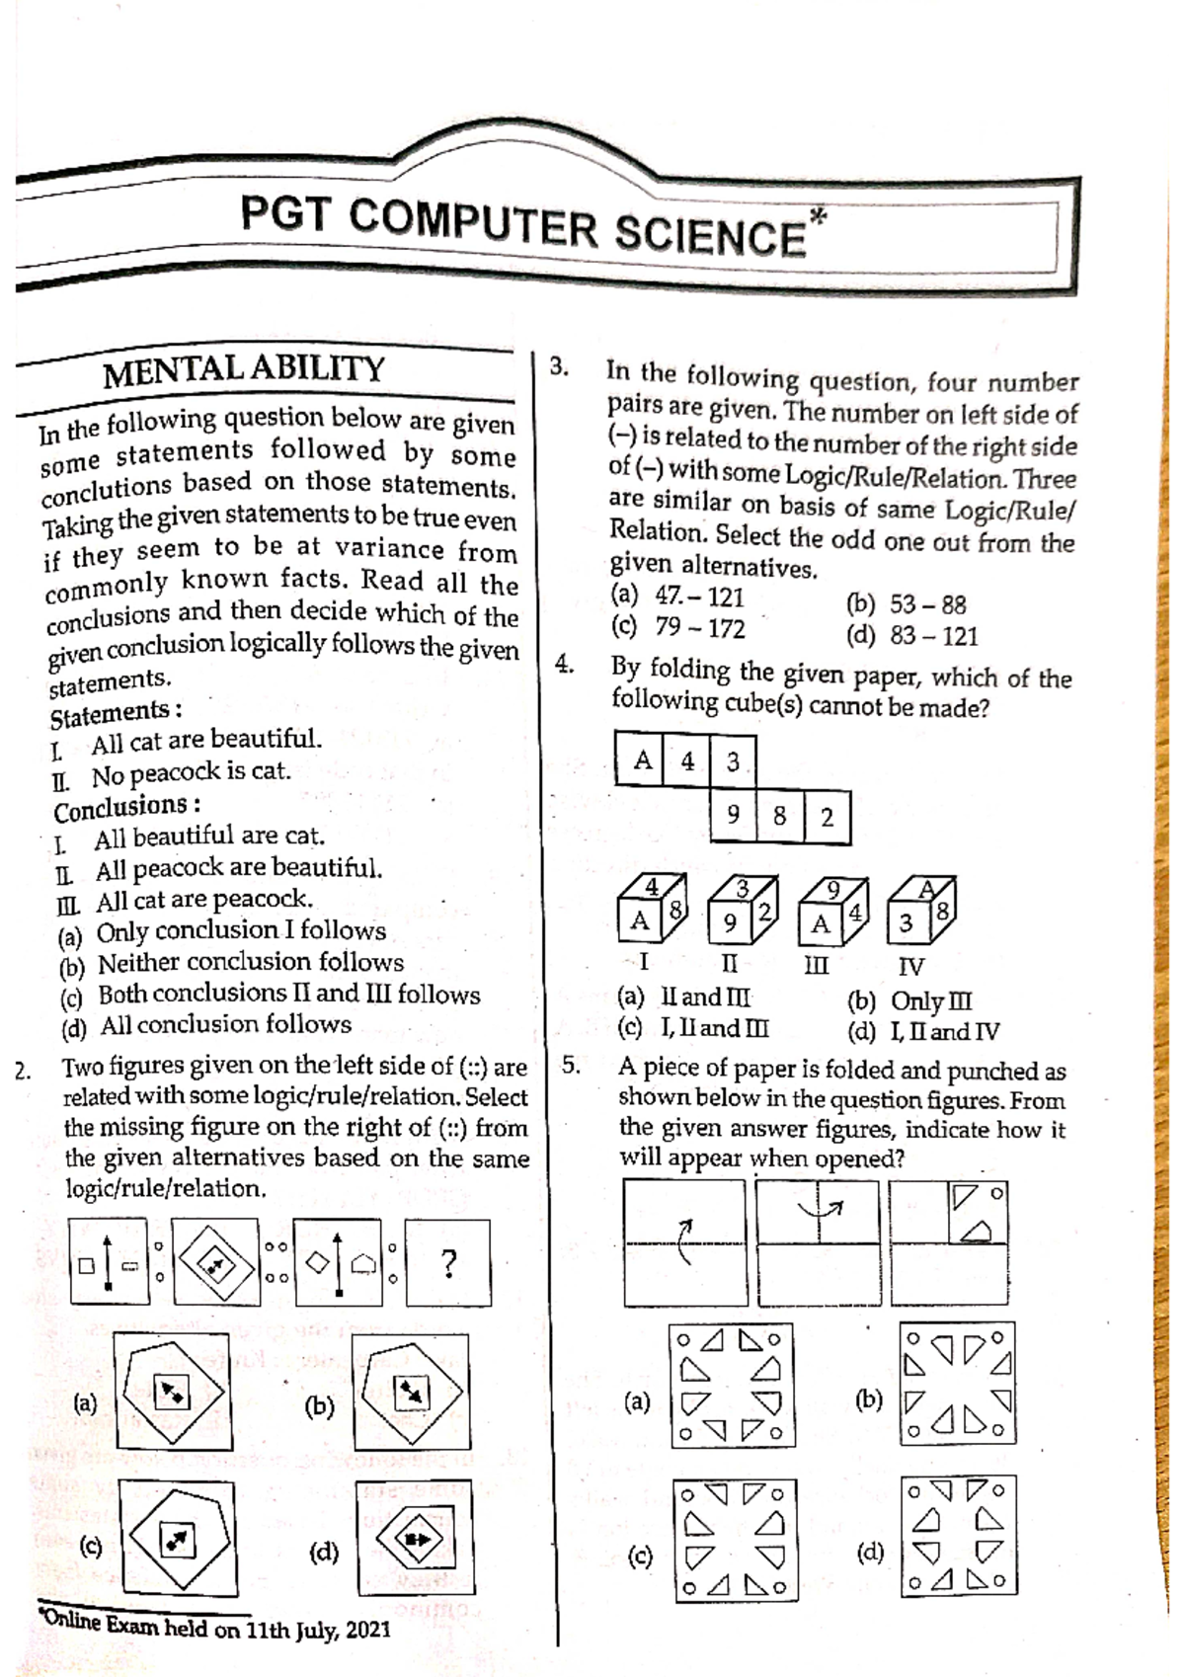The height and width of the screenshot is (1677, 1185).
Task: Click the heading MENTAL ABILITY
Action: (244, 370)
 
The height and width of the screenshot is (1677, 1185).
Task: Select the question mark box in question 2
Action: (448, 1263)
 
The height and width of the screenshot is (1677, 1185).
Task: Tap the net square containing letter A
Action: (640, 760)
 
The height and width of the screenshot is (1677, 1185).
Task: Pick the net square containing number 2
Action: (827, 817)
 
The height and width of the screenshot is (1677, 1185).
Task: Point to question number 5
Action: (571, 1066)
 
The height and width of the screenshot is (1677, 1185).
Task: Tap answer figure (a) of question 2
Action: (172, 1392)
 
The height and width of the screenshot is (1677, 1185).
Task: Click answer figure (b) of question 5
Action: (957, 1385)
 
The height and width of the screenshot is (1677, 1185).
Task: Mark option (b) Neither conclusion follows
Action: (231, 963)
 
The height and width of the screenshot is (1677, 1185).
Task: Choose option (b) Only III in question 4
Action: (910, 1001)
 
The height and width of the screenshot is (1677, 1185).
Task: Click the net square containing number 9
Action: (733, 816)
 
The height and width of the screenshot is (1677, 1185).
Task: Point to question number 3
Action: (559, 366)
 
